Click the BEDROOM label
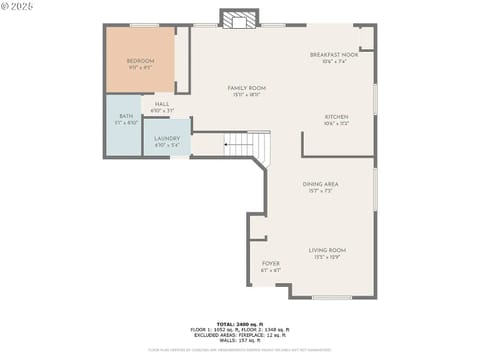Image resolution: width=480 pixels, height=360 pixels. tap(140, 62)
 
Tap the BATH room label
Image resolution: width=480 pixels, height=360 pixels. tap(126, 117)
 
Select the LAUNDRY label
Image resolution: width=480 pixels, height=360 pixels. tap(167, 138)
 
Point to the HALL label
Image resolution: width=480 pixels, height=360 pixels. tap(162, 103)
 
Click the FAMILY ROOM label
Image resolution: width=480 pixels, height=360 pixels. tap(246, 88)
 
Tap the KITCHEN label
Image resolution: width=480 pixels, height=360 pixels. tap(336, 117)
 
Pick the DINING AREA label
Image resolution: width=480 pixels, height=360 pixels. tap(320, 184)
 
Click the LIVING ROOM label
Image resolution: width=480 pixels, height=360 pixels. tap(327, 250)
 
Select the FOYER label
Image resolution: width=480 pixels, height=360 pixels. tap(271, 264)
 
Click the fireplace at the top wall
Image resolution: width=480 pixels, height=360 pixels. tap(239, 19)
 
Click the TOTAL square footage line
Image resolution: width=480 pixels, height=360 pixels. tap(240, 323)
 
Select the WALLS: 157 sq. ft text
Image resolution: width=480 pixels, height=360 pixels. tap(240, 339)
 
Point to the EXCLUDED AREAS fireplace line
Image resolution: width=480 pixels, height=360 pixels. tap(240, 334)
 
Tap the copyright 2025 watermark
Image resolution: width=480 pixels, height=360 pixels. tap(17, 6)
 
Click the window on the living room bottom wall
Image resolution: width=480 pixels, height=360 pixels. tap(331, 297)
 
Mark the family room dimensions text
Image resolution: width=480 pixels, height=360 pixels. tap(246, 95)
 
